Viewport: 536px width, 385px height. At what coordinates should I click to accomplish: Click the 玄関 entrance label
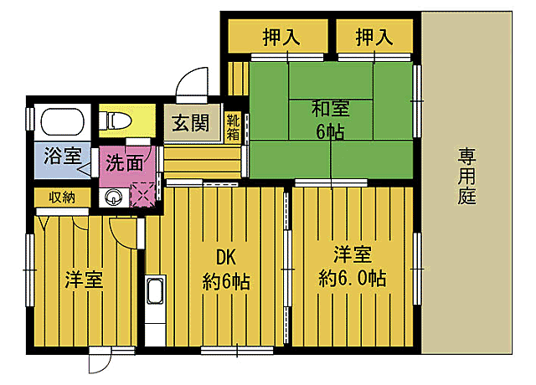(192, 124)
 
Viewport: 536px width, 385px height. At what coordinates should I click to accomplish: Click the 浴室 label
(62, 156)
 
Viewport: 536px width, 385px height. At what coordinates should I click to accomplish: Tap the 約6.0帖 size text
(352, 279)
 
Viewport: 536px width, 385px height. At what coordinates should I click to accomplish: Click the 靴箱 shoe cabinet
(234, 126)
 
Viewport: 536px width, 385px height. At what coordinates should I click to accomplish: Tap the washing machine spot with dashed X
(144, 194)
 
